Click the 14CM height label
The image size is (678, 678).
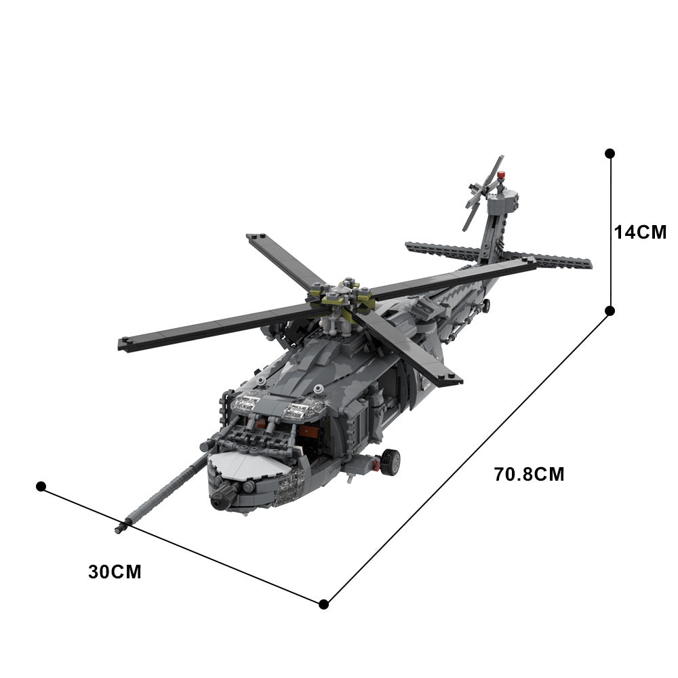coord(640,232)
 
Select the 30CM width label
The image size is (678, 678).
coord(115,572)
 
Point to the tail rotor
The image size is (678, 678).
coord(483,193)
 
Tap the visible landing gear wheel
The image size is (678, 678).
coord(390,462)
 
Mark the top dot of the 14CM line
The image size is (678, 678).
coord(610,154)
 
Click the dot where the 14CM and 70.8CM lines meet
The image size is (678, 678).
coord(610,311)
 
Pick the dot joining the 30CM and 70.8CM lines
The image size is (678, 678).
coord(324,603)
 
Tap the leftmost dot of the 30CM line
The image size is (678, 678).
coord(41,486)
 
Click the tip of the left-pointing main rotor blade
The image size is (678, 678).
coord(123,344)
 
